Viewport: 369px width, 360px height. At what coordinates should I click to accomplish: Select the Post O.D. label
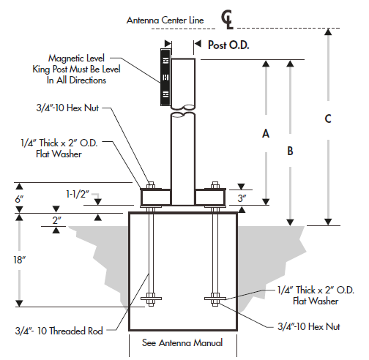[x=229, y=45]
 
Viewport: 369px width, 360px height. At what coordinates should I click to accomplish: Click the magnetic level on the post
[x=165, y=76]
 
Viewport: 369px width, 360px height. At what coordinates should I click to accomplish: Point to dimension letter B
[x=291, y=151]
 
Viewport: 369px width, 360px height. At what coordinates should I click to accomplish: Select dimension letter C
[x=328, y=119]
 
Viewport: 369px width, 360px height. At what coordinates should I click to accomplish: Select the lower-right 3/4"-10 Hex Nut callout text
[x=310, y=327]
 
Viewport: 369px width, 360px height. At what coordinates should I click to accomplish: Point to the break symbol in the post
[x=183, y=112]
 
